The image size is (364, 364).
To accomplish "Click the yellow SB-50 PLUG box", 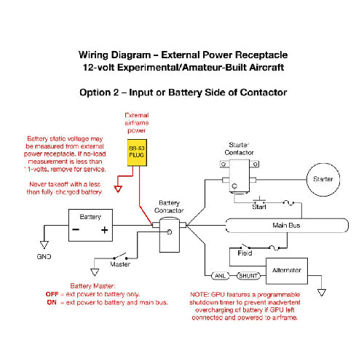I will click(x=136, y=157).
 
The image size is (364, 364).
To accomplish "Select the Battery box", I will click(x=90, y=225).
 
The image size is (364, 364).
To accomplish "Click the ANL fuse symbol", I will click(x=220, y=276).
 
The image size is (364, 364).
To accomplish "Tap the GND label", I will click(x=45, y=256).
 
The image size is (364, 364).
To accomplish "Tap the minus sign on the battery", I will click(x=76, y=230).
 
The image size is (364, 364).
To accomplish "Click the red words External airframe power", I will click(x=136, y=124).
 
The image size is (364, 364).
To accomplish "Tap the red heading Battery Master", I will click(x=92, y=285).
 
